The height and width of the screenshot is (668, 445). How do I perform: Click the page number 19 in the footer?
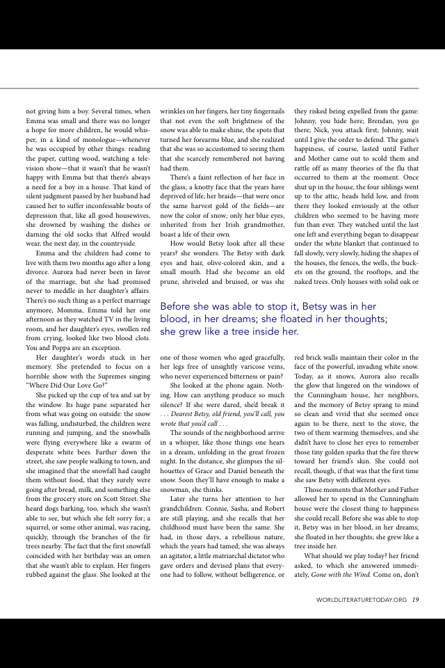[415, 599]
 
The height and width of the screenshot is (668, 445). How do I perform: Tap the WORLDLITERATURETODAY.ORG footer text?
[361, 599]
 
